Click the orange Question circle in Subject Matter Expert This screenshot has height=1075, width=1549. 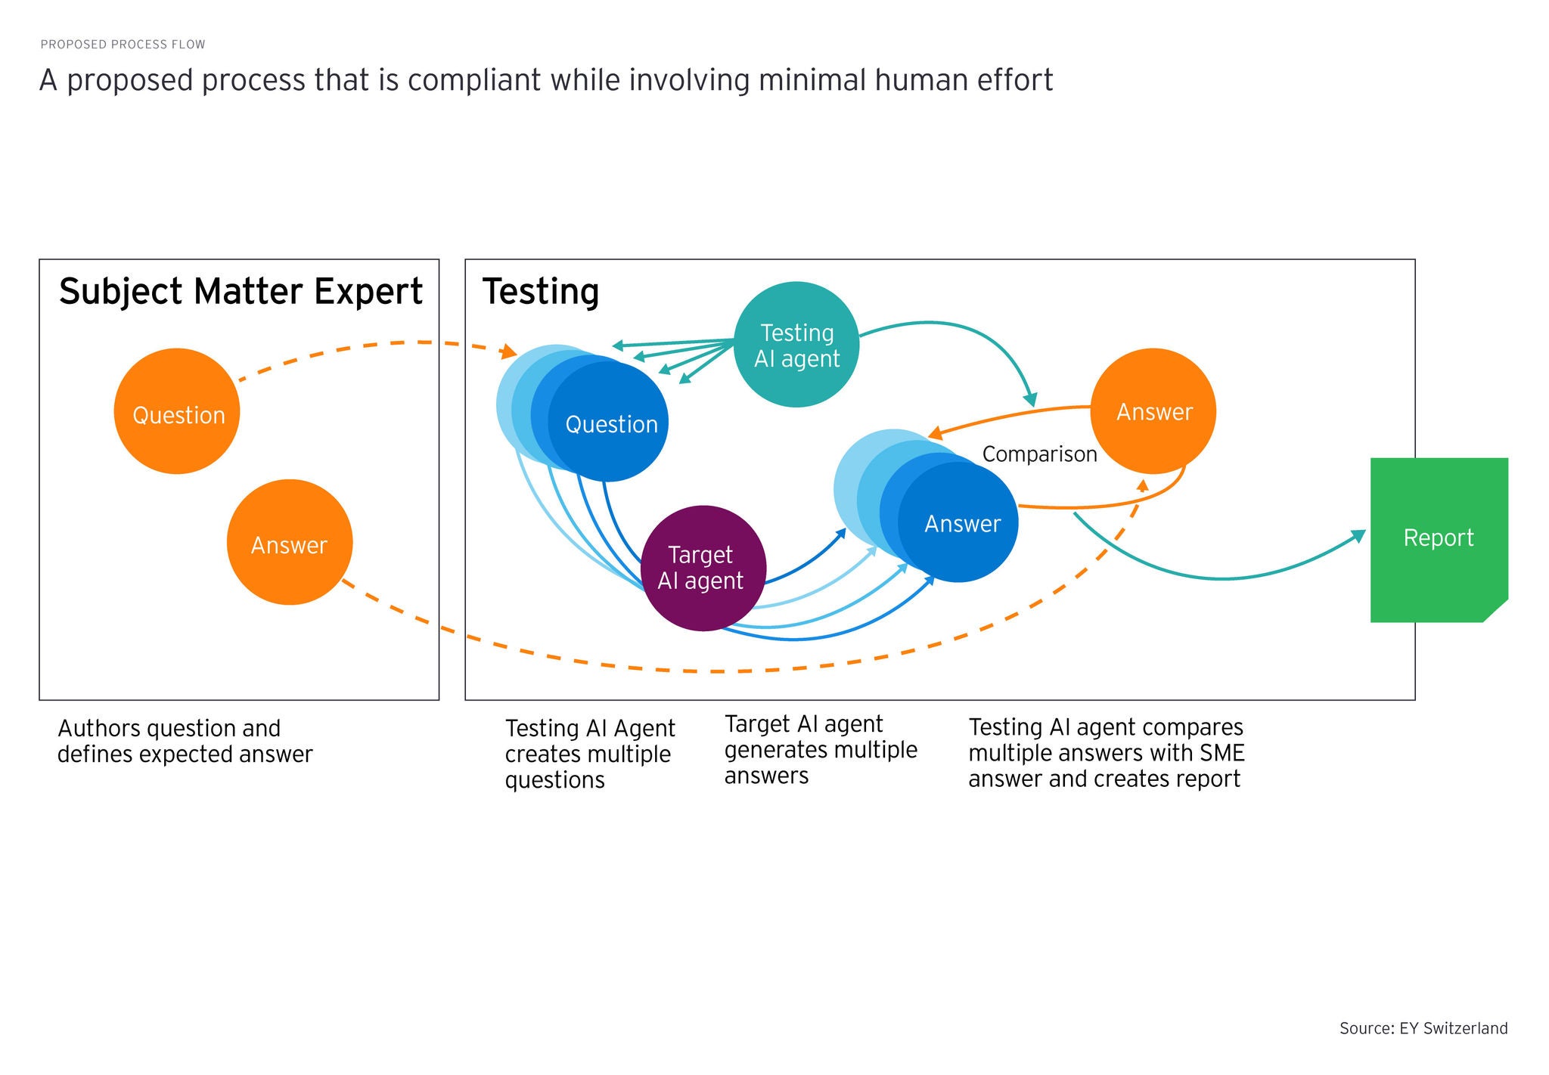pyautogui.click(x=177, y=411)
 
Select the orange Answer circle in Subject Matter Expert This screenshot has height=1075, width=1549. pyautogui.click(x=290, y=542)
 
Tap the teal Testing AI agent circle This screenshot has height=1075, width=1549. pyautogui.click(x=796, y=345)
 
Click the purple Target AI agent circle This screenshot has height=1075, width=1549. pyautogui.click(x=703, y=568)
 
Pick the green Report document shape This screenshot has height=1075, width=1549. pyautogui.click(x=1438, y=539)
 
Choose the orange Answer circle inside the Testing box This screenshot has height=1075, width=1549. pyautogui.click(x=1153, y=411)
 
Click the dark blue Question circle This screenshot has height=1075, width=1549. pyautogui.click(x=610, y=423)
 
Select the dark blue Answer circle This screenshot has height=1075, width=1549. pyautogui.click(x=961, y=523)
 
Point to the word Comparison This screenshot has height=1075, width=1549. pyautogui.click(x=1039, y=454)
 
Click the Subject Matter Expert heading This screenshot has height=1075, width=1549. pyautogui.click(x=241, y=292)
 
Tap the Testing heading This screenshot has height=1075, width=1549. pyautogui.click(x=541, y=292)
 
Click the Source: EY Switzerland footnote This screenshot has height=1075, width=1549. pyautogui.click(x=1423, y=1028)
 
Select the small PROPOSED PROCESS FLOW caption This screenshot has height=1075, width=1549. pyautogui.click(x=123, y=45)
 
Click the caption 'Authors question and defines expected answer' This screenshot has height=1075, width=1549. pyautogui.click(x=185, y=742)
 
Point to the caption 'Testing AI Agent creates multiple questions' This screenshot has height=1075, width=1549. pyautogui.click(x=589, y=754)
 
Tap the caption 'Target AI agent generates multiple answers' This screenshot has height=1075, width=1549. pyautogui.click(x=821, y=750)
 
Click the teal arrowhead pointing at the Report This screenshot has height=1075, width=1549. pyautogui.click(x=1359, y=536)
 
